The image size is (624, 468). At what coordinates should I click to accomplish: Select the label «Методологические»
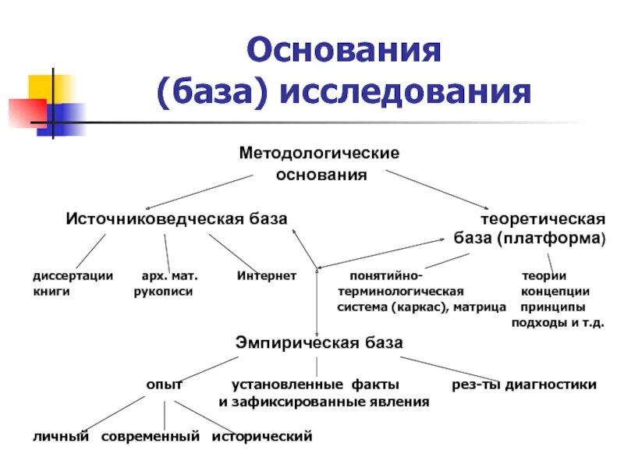[x=319, y=152]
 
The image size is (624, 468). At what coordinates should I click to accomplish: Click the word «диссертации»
[x=73, y=275]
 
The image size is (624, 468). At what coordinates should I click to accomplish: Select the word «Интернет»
[x=267, y=275]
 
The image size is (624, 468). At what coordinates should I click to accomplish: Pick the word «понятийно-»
[x=386, y=275]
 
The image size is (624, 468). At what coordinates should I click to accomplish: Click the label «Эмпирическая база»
[x=319, y=342]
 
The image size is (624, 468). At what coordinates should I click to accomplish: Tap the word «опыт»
[x=165, y=384]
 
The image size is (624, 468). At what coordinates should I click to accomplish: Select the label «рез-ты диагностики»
[x=524, y=384]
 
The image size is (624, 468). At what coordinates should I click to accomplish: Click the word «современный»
[x=151, y=435]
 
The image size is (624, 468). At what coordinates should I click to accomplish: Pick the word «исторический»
[x=262, y=435]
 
